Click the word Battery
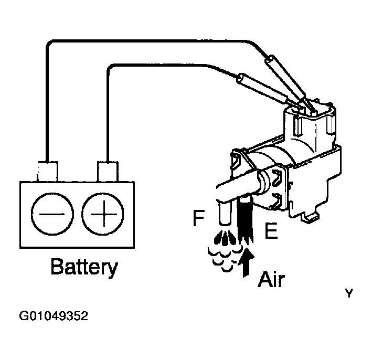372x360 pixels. tap(83, 268)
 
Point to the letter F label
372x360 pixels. tap(198, 218)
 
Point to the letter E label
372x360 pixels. tap(270, 231)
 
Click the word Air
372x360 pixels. tap(271, 279)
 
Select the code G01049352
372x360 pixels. tap(54, 316)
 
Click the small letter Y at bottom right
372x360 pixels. tap(349, 294)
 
